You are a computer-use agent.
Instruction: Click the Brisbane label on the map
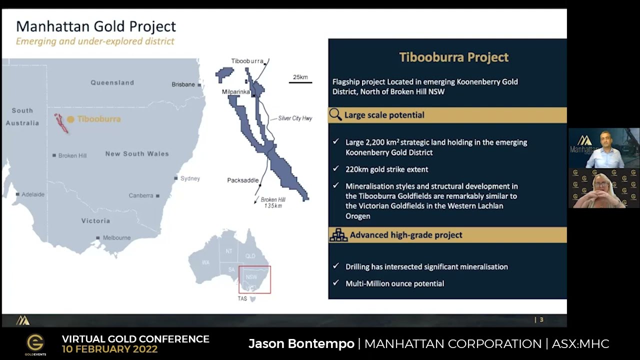tap(183, 84)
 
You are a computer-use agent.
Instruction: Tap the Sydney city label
tap(190, 178)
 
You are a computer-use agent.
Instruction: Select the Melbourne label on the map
tap(116, 238)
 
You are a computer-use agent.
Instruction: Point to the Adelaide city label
tap(33, 194)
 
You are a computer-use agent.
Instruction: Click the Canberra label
tap(141, 195)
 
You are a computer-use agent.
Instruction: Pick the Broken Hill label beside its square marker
tap(72, 155)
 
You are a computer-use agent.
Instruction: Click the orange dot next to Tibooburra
tap(70, 119)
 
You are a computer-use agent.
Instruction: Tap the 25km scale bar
tap(300, 81)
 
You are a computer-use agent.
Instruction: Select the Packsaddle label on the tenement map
tap(242, 180)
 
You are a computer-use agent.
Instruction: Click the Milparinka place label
tap(235, 92)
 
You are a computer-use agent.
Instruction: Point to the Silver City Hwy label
tap(295, 118)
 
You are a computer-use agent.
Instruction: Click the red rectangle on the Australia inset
tap(254, 279)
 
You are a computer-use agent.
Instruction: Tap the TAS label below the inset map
tap(242, 298)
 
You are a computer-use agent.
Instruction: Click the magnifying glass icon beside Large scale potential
tap(335, 115)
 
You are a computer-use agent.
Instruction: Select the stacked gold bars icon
tap(338, 235)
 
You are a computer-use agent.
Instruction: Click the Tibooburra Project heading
tap(453, 57)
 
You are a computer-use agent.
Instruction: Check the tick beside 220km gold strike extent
tap(336, 169)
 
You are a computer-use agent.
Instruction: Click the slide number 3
tap(541, 320)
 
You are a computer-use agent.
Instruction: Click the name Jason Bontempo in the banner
tap(301, 344)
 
